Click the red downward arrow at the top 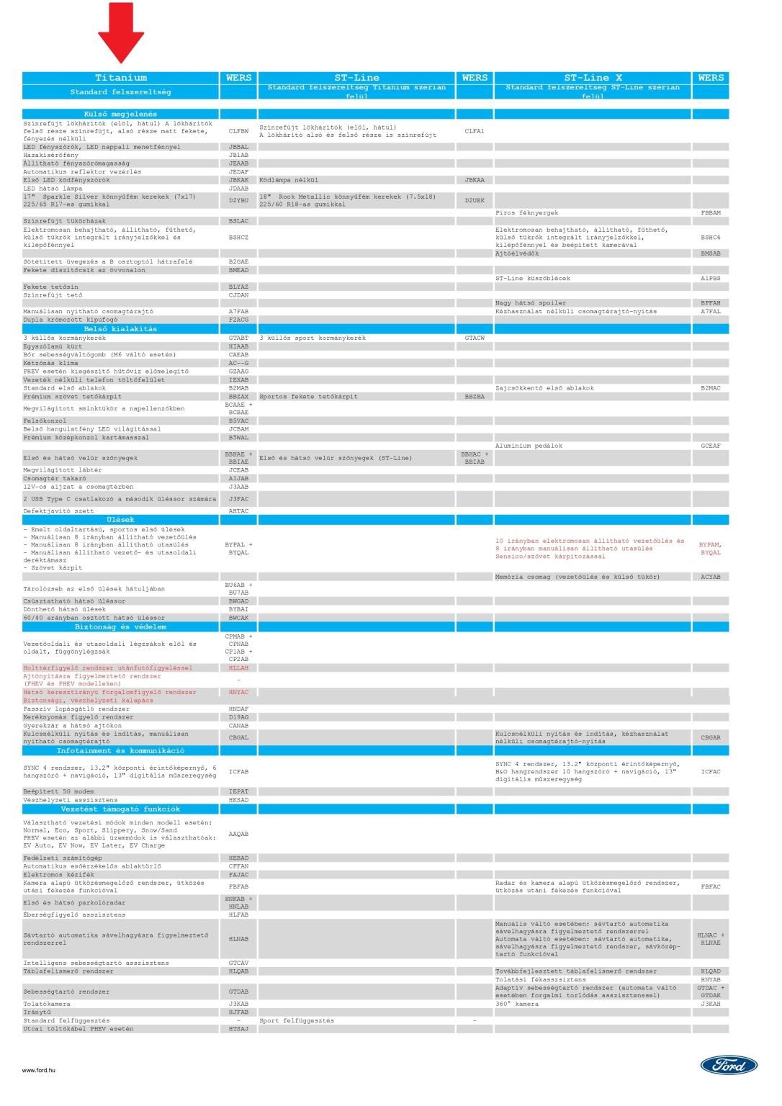point(121,32)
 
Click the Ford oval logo point(729,1065)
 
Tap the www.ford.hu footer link point(39,1070)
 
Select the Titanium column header point(121,78)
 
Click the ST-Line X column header point(592,78)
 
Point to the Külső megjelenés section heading point(120,114)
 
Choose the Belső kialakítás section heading point(120,329)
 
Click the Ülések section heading point(120,520)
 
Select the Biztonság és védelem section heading point(120,627)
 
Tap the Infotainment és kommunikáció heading point(120,751)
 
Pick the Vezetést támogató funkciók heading point(120,809)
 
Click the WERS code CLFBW point(238,131)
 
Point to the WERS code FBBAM point(710,213)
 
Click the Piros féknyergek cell point(526,213)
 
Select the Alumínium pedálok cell point(529,446)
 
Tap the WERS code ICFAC point(710,772)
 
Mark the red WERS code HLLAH point(238,668)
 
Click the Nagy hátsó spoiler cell point(530,303)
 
